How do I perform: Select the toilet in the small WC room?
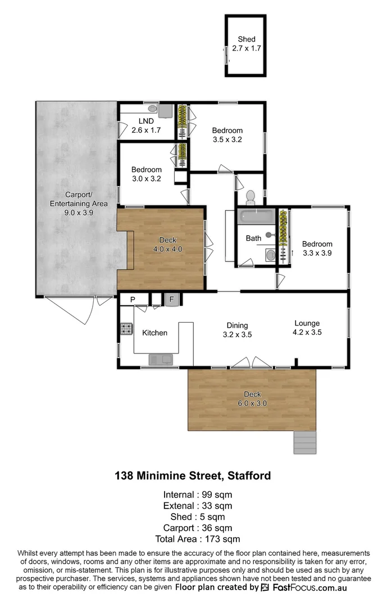(251, 197)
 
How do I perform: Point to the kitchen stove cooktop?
(126, 329)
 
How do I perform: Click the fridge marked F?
(172, 300)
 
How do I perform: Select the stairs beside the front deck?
(305, 442)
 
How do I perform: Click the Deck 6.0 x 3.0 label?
(252, 398)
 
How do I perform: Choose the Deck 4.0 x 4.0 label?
(167, 244)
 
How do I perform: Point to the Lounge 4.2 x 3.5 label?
(307, 328)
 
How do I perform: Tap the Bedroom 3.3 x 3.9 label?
(317, 248)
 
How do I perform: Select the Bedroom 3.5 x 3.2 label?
(227, 135)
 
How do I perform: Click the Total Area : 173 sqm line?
(193, 539)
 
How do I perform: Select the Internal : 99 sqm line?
(193, 495)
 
